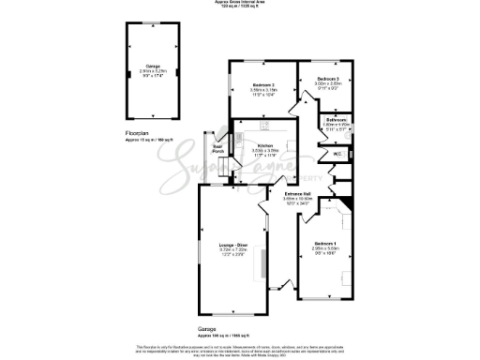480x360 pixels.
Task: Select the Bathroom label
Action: (x=337, y=119)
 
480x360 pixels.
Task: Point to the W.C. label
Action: (x=336, y=155)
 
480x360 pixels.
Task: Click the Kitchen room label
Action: (x=264, y=147)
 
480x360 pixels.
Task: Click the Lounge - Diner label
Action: (x=232, y=245)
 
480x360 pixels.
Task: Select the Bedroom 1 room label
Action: (x=326, y=242)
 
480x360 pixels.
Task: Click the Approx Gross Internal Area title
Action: (x=240, y=3)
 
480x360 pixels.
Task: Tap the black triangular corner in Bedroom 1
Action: (x=348, y=205)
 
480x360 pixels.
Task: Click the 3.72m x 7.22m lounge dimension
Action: (x=232, y=249)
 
